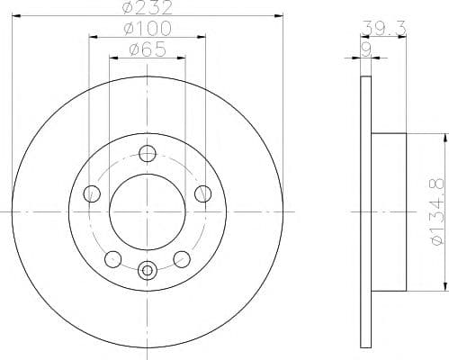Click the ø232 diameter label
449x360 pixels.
coord(148,10)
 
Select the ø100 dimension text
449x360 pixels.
coord(148,31)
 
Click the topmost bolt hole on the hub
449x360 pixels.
coord(148,154)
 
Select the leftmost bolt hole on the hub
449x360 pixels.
coord(90,193)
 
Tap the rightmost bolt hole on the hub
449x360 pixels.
coord(203,193)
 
